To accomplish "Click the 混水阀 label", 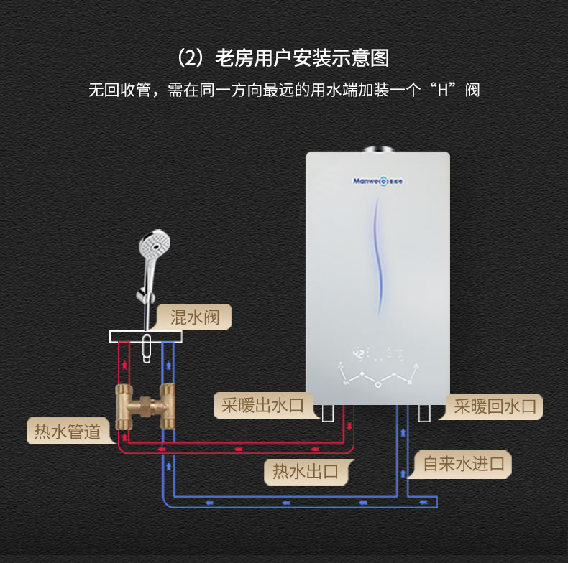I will (193, 317).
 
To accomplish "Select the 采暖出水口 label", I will (262, 406).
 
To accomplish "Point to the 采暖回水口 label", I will (495, 406).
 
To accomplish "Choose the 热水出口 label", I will (305, 471).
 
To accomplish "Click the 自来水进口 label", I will (463, 463).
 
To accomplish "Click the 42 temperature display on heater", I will (357, 353).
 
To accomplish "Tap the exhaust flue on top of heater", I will (378, 149).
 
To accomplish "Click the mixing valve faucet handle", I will (147, 348).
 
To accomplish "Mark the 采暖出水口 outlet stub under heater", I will (328, 413).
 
